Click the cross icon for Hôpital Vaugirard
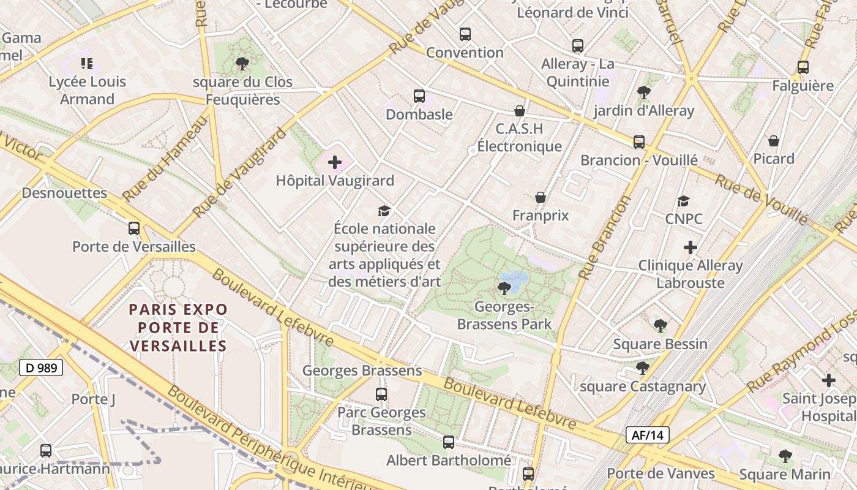pos(335,162)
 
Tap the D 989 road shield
pos(41,367)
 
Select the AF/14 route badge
pos(647,435)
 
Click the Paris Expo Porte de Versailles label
pos(178,328)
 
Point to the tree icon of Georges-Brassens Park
pos(504,288)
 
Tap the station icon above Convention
pos(465,34)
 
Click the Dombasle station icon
pos(419,96)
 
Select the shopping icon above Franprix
pos(541,197)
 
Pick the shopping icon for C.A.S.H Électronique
pos(520,111)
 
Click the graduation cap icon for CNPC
pos(684,201)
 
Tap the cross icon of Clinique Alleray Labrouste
pos(690,247)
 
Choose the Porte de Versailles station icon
pos(134,228)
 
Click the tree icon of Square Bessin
pos(660,326)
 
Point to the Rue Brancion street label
pos(604,238)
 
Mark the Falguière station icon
pos(803,67)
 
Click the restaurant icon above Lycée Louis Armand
pos(87,63)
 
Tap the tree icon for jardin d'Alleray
pos(643,92)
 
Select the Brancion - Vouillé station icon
pos(639,142)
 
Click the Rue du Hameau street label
pos(165,159)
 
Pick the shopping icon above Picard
pos(774,141)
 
